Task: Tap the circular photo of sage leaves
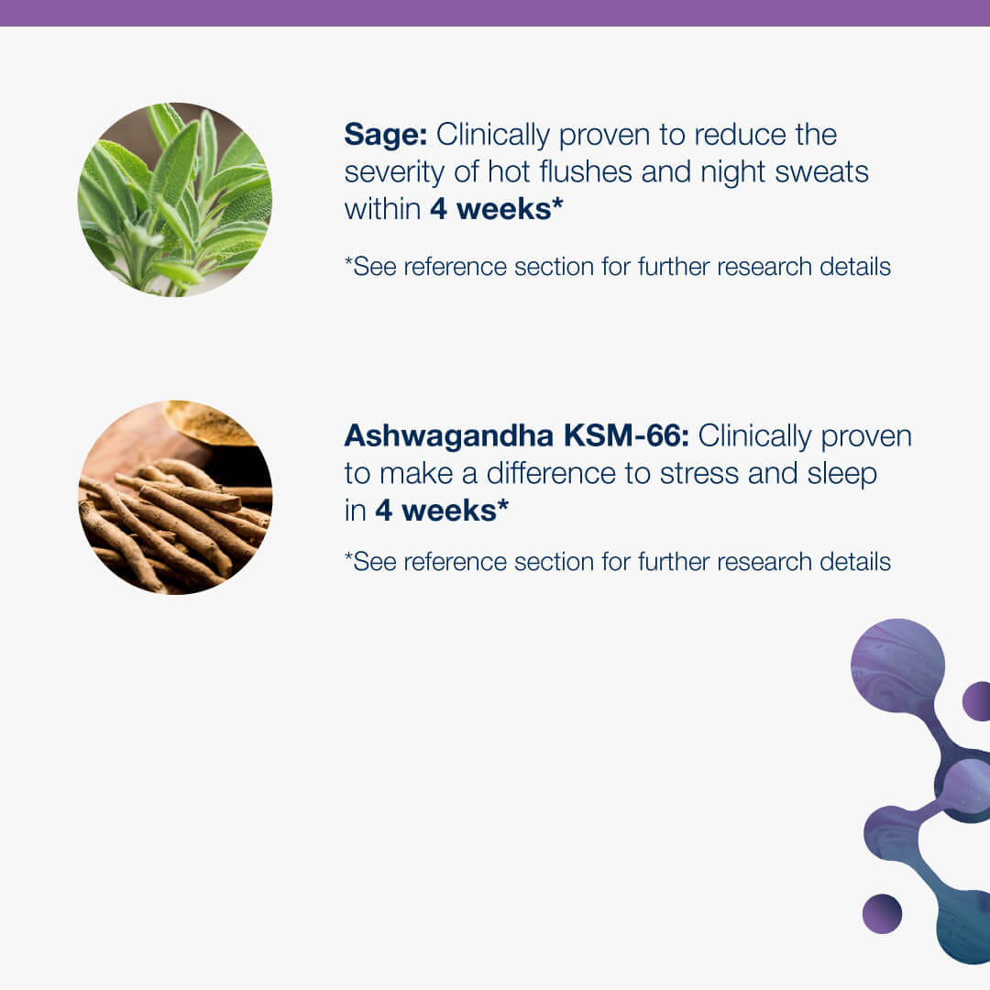click(x=175, y=200)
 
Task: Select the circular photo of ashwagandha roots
click(x=175, y=498)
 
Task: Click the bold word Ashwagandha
click(x=449, y=435)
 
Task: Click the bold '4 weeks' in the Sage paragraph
click(x=496, y=209)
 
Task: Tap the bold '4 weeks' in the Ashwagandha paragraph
click(x=442, y=511)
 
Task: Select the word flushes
click(x=585, y=171)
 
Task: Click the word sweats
click(x=821, y=173)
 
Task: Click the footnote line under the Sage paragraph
click(x=618, y=267)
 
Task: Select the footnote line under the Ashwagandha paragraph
click(x=618, y=561)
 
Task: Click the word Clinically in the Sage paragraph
click(x=493, y=136)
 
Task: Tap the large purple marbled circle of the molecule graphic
click(x=897, y=665)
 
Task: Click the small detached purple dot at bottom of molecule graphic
click(x=882, y=913)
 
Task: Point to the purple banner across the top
click(x=495, y=13)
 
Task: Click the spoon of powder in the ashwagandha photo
click(x=208, y=426)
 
